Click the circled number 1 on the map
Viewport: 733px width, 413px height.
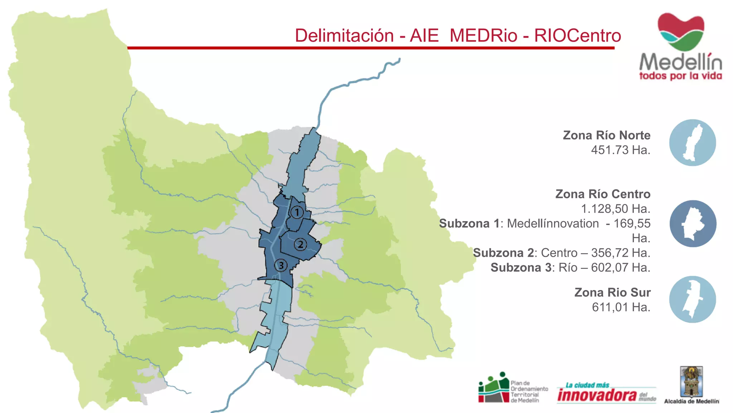(x=297, y=212)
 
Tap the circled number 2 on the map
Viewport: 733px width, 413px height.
(x=301, y=245)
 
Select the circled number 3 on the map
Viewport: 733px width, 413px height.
(x=281, y=265)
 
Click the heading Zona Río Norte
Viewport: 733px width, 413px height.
(x=606, y=135)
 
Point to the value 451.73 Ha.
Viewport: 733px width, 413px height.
(x=621, y=150)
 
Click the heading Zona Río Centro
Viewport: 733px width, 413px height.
(x=603, y=194)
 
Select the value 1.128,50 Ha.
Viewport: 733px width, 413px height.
(x=616, y=209)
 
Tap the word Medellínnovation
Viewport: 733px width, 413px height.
(x=553, y=223)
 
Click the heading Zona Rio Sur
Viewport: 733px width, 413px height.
(x=612, y=292)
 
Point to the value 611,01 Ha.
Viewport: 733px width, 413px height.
(x=621, y=307)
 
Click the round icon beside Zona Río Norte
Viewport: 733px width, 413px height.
(x=693, y=143)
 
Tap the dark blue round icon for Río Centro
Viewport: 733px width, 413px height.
(x=693, y=224)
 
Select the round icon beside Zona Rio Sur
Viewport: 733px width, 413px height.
(x=693, y=299)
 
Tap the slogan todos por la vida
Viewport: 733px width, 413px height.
(x=680, y=76)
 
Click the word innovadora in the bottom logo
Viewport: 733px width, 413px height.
(x=597, y=395)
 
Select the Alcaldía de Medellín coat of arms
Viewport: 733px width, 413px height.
(x=691, y=381)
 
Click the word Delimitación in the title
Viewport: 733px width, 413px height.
(x=344, y=35)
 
